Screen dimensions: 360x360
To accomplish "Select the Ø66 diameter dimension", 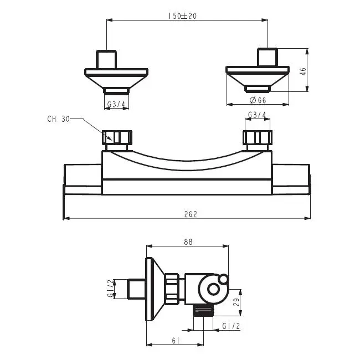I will coord(258,100).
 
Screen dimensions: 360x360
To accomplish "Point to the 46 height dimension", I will coord(303,71).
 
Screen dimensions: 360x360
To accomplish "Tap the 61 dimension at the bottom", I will coord(176,340).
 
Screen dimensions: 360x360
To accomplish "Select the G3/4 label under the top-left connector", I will coord(115,104).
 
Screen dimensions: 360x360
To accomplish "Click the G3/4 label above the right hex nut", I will coord(257,115).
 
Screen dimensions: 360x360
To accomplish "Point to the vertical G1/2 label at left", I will coord(110,288).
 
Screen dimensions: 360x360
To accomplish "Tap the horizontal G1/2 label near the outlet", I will coord(230,326).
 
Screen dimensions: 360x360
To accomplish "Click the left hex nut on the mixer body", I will coord(118,137).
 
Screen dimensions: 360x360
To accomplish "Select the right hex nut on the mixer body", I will coord(258,137).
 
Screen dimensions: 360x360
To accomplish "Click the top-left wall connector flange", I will coord(116,73).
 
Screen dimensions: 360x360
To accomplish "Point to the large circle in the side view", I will coord(213,288).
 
